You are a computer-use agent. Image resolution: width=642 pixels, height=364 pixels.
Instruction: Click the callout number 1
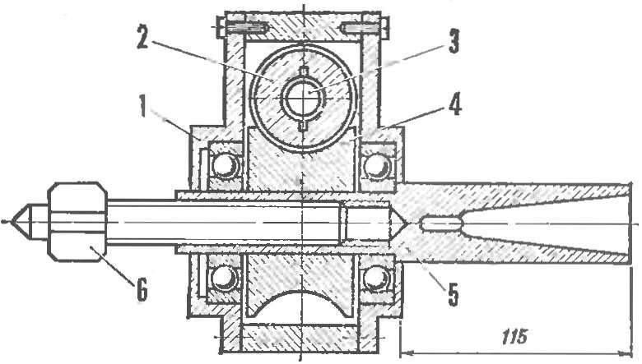(142, 105)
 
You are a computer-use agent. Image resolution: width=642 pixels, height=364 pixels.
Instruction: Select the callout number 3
(454, 41)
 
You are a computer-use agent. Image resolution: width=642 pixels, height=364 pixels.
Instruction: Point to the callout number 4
(455, 104)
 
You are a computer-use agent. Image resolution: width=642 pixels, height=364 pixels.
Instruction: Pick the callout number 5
(453, 293)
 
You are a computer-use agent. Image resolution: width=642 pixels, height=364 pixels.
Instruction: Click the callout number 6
(141, 290)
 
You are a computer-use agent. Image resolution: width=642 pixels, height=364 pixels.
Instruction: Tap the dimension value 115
(514, 337)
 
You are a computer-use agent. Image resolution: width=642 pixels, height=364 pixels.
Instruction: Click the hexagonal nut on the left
(78, 222)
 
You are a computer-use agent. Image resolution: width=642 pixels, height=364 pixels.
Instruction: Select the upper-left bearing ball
(225, 166)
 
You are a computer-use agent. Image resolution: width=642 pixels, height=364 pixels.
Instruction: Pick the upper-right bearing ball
(376, 165)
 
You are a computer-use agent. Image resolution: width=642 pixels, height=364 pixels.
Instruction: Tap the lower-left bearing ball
(224, 279)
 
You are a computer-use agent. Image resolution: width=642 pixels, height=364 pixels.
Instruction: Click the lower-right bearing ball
(375, 279)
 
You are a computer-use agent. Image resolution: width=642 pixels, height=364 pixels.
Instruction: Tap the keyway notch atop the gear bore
(303, 71)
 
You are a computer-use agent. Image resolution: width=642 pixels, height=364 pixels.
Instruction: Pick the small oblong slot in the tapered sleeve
(442, 223)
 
